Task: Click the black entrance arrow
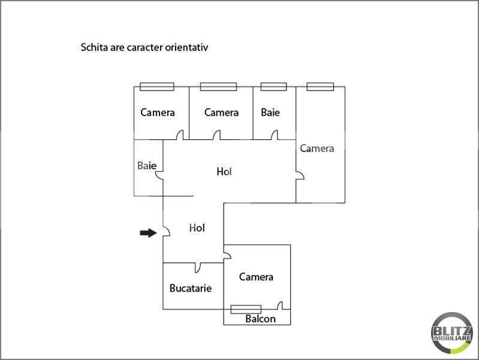148,233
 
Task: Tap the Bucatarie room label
191,288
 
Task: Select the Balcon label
260,319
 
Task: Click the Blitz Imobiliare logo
451,333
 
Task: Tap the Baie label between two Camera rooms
270,112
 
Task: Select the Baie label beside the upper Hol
147,166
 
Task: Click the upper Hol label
224,172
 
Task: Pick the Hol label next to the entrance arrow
197,227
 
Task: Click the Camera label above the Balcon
256,277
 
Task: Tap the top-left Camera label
158,112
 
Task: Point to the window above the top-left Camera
157,86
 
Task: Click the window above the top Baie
274,86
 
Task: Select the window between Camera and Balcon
246,309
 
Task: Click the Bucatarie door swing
198,268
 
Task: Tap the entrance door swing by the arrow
167,232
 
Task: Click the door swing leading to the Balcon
280,305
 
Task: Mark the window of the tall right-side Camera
320,86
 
